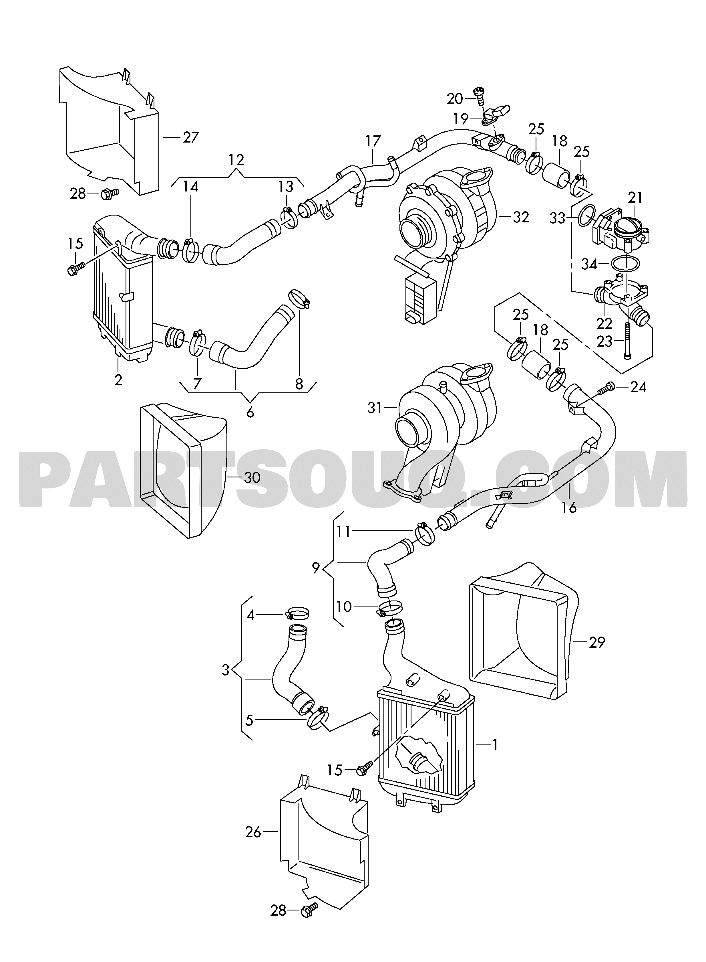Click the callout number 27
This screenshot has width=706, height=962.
click(191, 137)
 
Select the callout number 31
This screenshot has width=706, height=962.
click(375, 408)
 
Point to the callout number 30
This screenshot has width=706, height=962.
click(252, 477)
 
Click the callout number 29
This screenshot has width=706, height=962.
click(596, 654)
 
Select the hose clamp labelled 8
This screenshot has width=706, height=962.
click(300, 298)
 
